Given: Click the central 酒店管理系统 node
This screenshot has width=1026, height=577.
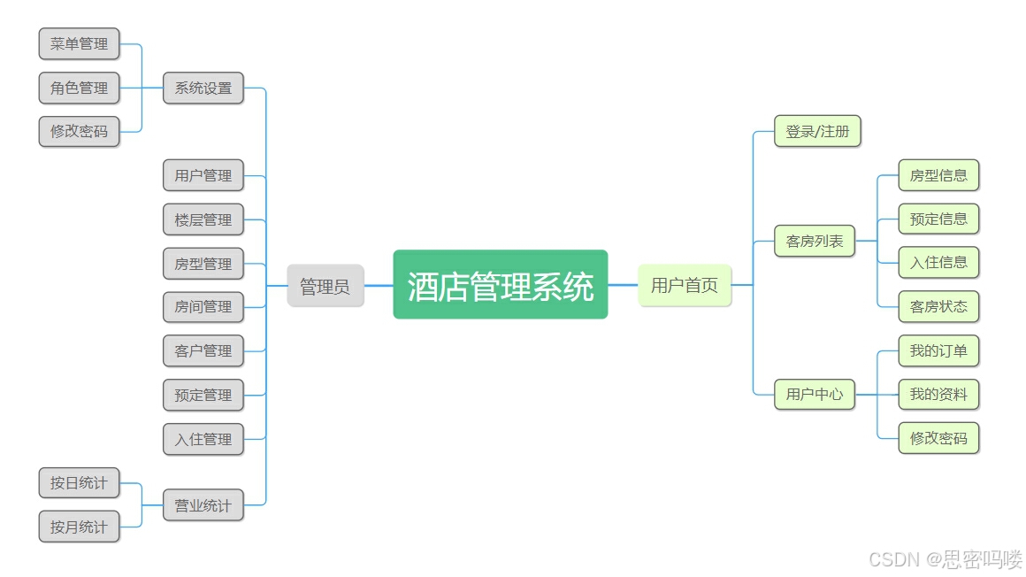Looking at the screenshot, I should tap(500, 285).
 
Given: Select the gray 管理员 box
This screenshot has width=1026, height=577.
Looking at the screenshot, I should tap(325, 286).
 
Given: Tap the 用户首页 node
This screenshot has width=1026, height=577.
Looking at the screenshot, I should tap(685, 285).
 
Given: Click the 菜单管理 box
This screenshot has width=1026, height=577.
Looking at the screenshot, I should tap(79, 43).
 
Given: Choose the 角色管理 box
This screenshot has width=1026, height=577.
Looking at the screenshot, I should tap(79, 88).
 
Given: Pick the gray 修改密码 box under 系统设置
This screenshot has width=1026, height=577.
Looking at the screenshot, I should tap(79, 131).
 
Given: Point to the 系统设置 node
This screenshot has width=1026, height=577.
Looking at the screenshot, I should tap(203, 88).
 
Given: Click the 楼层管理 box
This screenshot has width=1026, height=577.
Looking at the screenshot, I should tap(203, 219).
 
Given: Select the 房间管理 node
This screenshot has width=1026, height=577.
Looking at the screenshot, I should tap(203, 306).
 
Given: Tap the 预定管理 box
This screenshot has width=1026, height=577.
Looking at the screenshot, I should tap(203, 395).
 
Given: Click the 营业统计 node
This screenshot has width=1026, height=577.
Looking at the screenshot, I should tap(203, 505).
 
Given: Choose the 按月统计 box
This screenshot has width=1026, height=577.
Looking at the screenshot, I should tap(79, 527).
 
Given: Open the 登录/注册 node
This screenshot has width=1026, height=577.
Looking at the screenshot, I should tap(817, 131).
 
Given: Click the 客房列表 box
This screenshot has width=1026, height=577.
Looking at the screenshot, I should tap(815, 241).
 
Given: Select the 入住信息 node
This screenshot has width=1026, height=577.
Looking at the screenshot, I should tap(938, 262).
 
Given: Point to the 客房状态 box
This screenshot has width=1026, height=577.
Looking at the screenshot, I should tap(938, 306).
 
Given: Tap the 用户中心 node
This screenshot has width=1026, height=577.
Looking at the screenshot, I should tap(815, 394).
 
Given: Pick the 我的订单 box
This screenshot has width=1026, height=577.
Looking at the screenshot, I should tap(938, 350).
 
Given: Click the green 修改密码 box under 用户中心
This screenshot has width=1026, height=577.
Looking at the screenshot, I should tap(938, 437).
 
